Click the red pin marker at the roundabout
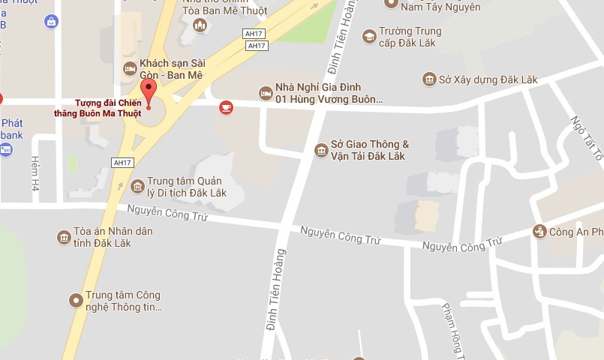[x=149, y=92]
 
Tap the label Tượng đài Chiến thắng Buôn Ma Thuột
[x=109, y=108]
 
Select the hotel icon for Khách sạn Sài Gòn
[x=130, y=69]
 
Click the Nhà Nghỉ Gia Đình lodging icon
[x=265, y=93]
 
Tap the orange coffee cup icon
[x=226, y=108]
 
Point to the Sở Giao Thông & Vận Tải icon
[x=321, y=151]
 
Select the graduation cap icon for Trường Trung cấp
[x=369, y=36]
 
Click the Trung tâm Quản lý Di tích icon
[x=137, y=186]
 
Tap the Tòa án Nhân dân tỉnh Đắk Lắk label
[x=113, y=236]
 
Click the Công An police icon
[x=539, y=232]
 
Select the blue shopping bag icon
[x=51, y=21]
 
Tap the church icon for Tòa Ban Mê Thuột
[x=200, y=25]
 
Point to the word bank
[x=11, y=135]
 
